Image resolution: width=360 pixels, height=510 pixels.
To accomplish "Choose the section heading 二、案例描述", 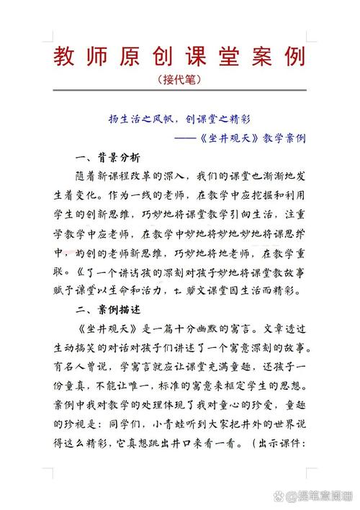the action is point(107,309).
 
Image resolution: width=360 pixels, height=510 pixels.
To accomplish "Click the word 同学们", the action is point(157,426).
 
